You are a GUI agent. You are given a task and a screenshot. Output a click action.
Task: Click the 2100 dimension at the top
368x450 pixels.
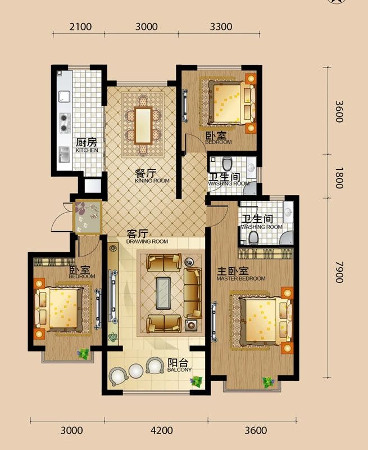[80, 26]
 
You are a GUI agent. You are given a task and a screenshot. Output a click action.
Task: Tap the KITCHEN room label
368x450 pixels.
[87, 151]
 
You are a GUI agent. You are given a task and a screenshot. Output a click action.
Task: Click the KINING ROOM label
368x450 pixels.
[152, 181]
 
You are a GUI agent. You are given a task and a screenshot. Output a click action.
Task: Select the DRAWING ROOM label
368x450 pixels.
[147, 241]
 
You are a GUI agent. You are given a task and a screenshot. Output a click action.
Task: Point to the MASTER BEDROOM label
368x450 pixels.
[241, 278]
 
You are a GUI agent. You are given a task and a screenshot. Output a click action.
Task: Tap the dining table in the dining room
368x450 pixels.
[143, 124]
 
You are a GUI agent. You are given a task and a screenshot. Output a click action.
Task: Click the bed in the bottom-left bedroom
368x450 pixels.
[61, 309]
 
